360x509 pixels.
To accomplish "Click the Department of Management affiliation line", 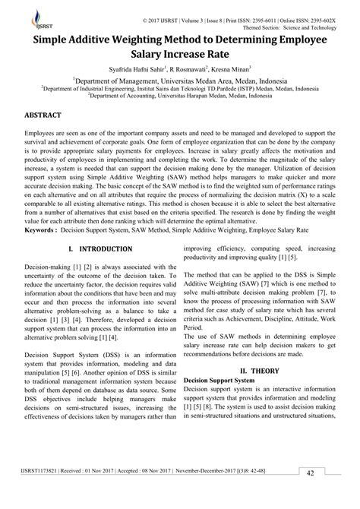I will tap(180, 80).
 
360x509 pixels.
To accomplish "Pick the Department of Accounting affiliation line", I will tap(180, 96).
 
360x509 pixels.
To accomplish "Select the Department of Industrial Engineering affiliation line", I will tap(180, 88).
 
